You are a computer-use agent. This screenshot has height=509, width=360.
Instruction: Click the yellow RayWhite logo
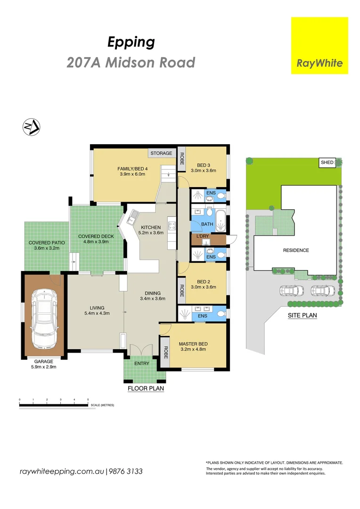point(319,45)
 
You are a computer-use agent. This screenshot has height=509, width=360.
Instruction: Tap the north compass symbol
point(32,127)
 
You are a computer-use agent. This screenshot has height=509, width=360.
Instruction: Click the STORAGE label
point(161,153)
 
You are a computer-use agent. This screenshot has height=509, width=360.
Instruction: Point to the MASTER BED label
point(193,344)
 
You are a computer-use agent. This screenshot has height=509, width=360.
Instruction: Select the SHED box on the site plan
point(327,163)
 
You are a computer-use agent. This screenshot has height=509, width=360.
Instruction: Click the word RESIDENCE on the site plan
point(296,250)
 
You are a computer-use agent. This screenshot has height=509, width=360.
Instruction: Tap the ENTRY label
point(141,363)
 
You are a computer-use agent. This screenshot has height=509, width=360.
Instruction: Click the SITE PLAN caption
point(302,315)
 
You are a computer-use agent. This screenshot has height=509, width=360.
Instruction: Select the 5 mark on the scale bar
point(88,400)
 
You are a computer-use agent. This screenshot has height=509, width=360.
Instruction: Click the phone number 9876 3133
point(126,471)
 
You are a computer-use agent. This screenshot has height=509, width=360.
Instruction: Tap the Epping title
point(131,42)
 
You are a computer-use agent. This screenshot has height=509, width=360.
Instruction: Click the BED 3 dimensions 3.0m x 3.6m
point(203,171)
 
